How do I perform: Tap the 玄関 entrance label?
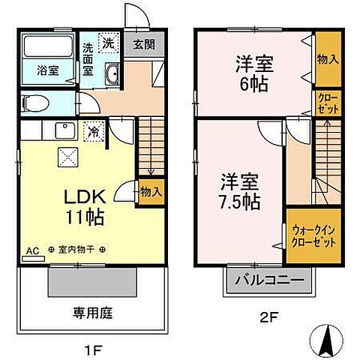pos(143,43)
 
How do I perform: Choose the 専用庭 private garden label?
pos(91,313)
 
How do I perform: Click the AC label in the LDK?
pos(32,250)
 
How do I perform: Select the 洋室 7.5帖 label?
pos(240,191)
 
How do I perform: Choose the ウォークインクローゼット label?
pos(310,238)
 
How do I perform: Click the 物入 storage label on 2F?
pos(326,59)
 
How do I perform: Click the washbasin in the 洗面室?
pos(114,74)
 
